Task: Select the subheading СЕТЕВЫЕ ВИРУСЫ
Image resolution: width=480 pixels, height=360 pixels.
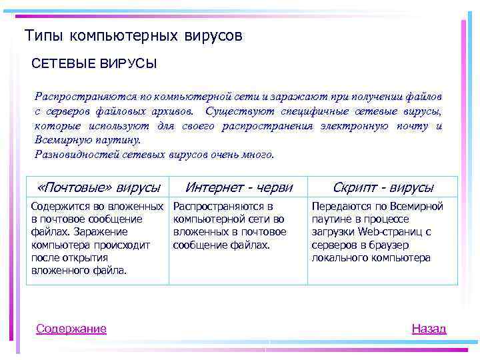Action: pos(94,64)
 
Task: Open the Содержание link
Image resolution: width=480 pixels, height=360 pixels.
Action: pos(71,328)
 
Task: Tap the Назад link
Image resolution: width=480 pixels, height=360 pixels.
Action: pos(429,328)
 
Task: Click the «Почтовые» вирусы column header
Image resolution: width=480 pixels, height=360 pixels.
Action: pos(99,187)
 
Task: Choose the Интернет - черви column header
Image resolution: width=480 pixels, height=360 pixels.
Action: pos(239,187)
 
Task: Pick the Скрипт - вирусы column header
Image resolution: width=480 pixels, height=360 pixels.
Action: pos(383,187)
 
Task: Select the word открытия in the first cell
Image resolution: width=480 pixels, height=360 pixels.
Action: pos(83,257)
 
